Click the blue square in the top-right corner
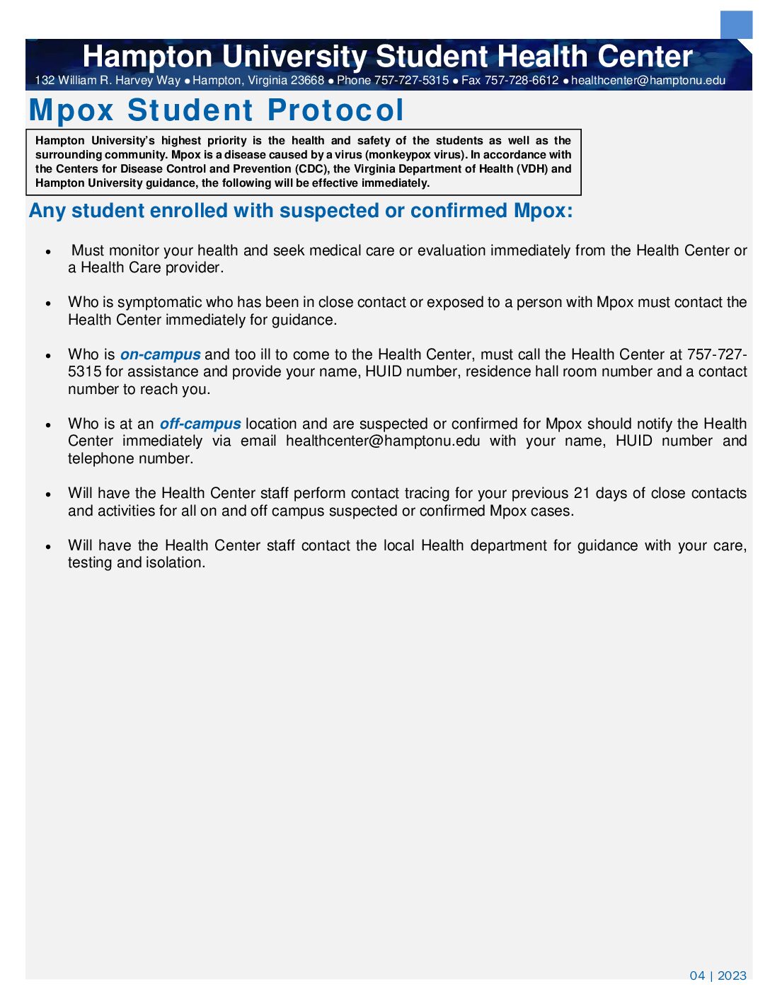(x=736, y=25)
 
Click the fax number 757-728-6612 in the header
(x=522, y=81)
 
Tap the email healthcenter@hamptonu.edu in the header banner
(x=648, y=81)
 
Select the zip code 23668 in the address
(x=307, y=81)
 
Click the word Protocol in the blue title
(x=336, y=110)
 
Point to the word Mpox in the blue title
(x=71, y=110)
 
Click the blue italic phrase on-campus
(x=160, y=354)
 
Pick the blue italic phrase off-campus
(x=200, y=424)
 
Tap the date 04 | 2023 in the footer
(x=718, y=975)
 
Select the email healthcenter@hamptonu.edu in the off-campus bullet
(x=383, y=441)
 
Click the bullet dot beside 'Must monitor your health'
(x=48, y=252)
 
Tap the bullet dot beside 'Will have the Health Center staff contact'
(x=48, y=547)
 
